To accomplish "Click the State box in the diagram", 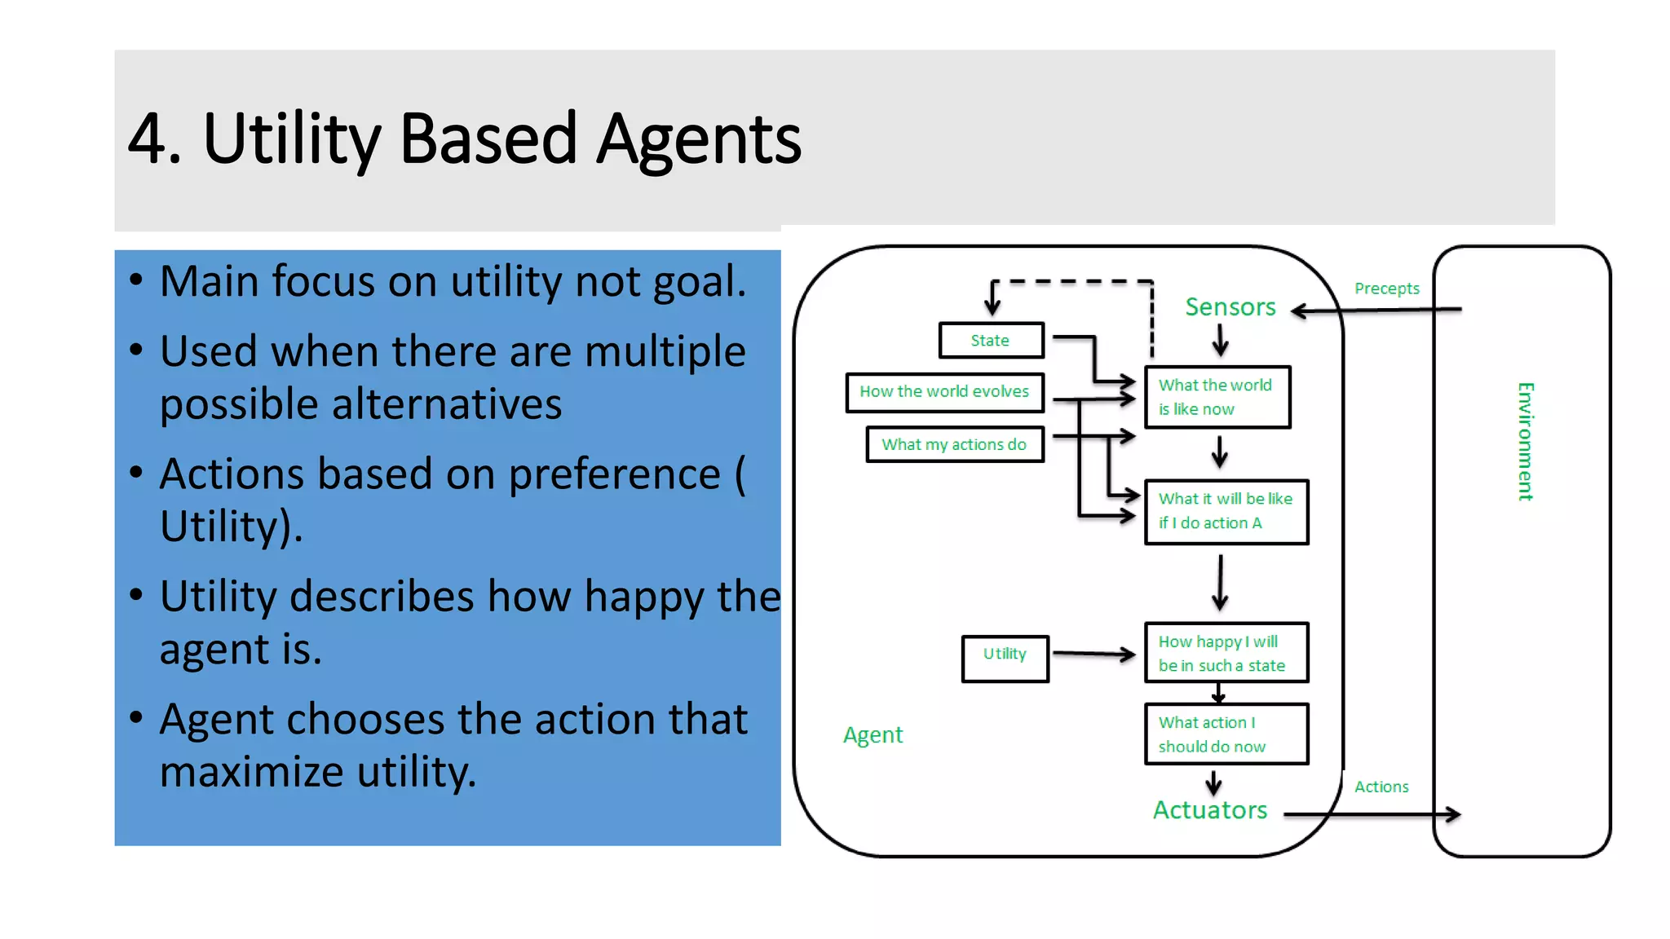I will coord(990,341).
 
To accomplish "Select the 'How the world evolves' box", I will coord(944,392).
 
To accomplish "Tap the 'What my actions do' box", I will coord(954,445).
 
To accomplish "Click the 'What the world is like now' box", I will coord(1217,397).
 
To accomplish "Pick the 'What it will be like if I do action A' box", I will coord(1226,511).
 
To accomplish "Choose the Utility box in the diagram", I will coord(1005,658).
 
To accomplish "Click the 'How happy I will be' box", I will coord(1226,653).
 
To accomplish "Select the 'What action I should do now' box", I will coord(1226,734).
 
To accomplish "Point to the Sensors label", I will coord(1230,307).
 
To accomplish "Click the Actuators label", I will coord(1210,810).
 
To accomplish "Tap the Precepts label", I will coord(1386,289).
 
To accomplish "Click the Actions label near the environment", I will coord(1381,787).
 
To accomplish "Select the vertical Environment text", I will coord(1525,441).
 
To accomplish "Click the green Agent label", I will coord(873,735).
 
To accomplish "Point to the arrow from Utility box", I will coord(1093,654).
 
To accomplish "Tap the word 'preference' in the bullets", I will coord(614,474).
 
